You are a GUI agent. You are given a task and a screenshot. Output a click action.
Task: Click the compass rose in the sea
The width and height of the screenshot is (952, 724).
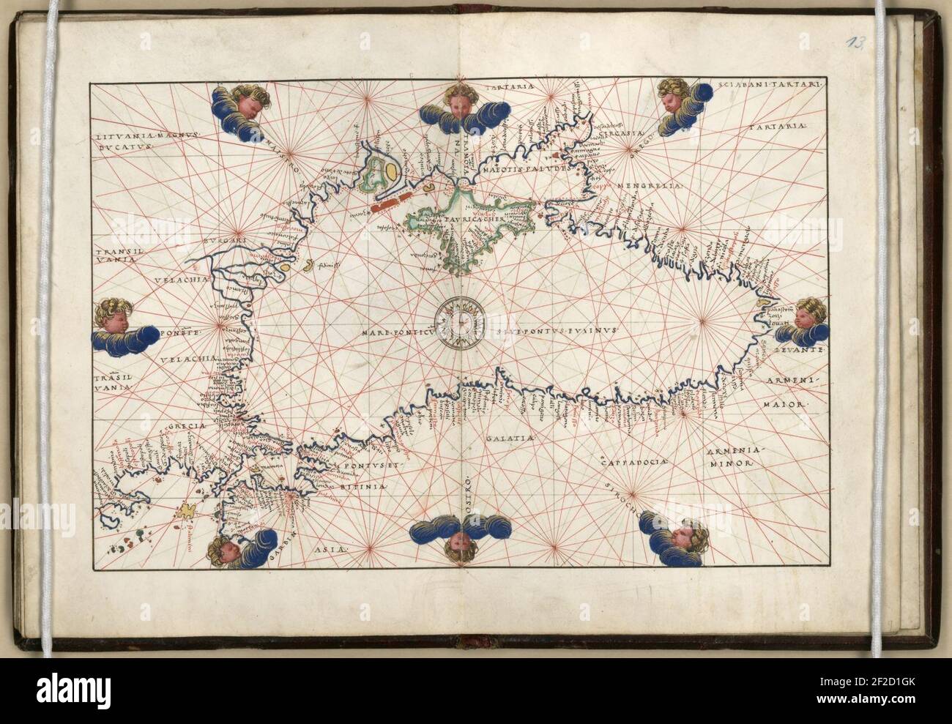pyautogui.click(x=459, y=321)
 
